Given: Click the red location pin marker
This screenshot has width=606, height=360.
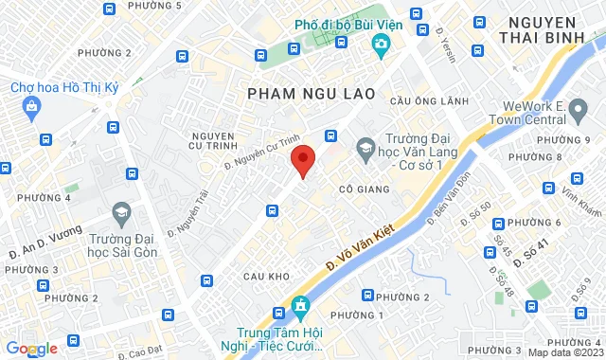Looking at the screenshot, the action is [302, 161].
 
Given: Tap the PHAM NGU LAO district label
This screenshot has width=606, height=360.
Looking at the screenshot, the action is [311, 93].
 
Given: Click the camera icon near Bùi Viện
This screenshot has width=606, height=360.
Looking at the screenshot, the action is [380, 44].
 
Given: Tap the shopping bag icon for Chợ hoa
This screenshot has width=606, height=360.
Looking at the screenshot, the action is [33, 106].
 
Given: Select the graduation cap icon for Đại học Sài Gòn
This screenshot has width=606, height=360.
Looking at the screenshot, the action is [121, 210].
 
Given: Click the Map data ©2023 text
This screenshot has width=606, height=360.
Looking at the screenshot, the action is [563, 352].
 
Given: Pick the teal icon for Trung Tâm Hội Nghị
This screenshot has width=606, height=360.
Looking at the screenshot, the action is [301, 306].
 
